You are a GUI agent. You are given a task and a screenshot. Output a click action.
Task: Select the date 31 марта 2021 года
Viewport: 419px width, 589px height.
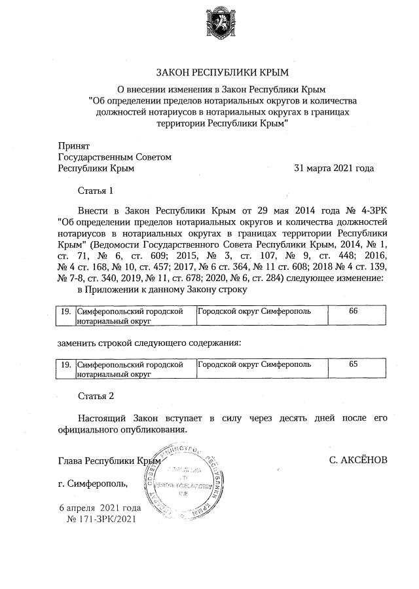(335, 168)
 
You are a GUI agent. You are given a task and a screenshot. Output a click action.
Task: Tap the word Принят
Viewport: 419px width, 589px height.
(74, 145)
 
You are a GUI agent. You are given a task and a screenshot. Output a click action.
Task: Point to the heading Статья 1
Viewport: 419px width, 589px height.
(96, 191)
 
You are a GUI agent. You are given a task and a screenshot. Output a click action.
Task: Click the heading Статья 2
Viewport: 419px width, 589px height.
(96, 396)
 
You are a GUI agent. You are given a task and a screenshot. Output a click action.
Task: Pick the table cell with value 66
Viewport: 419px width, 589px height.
(353, 311)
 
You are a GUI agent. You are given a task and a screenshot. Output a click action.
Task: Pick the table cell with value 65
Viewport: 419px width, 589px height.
(353, 364)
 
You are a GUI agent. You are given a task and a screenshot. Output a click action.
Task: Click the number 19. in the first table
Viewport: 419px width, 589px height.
(65, 311)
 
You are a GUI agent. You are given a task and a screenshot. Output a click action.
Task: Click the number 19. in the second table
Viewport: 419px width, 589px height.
(65, 364)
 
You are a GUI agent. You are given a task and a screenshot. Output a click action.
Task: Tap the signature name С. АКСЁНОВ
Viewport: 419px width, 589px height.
(358, 461)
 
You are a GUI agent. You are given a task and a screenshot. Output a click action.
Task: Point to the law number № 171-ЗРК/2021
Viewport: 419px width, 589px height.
(101, 519)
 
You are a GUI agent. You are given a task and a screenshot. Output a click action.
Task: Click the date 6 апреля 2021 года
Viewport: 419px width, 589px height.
(100, 508)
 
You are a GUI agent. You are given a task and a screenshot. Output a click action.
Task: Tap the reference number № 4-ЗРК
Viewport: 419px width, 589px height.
(364, 212)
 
